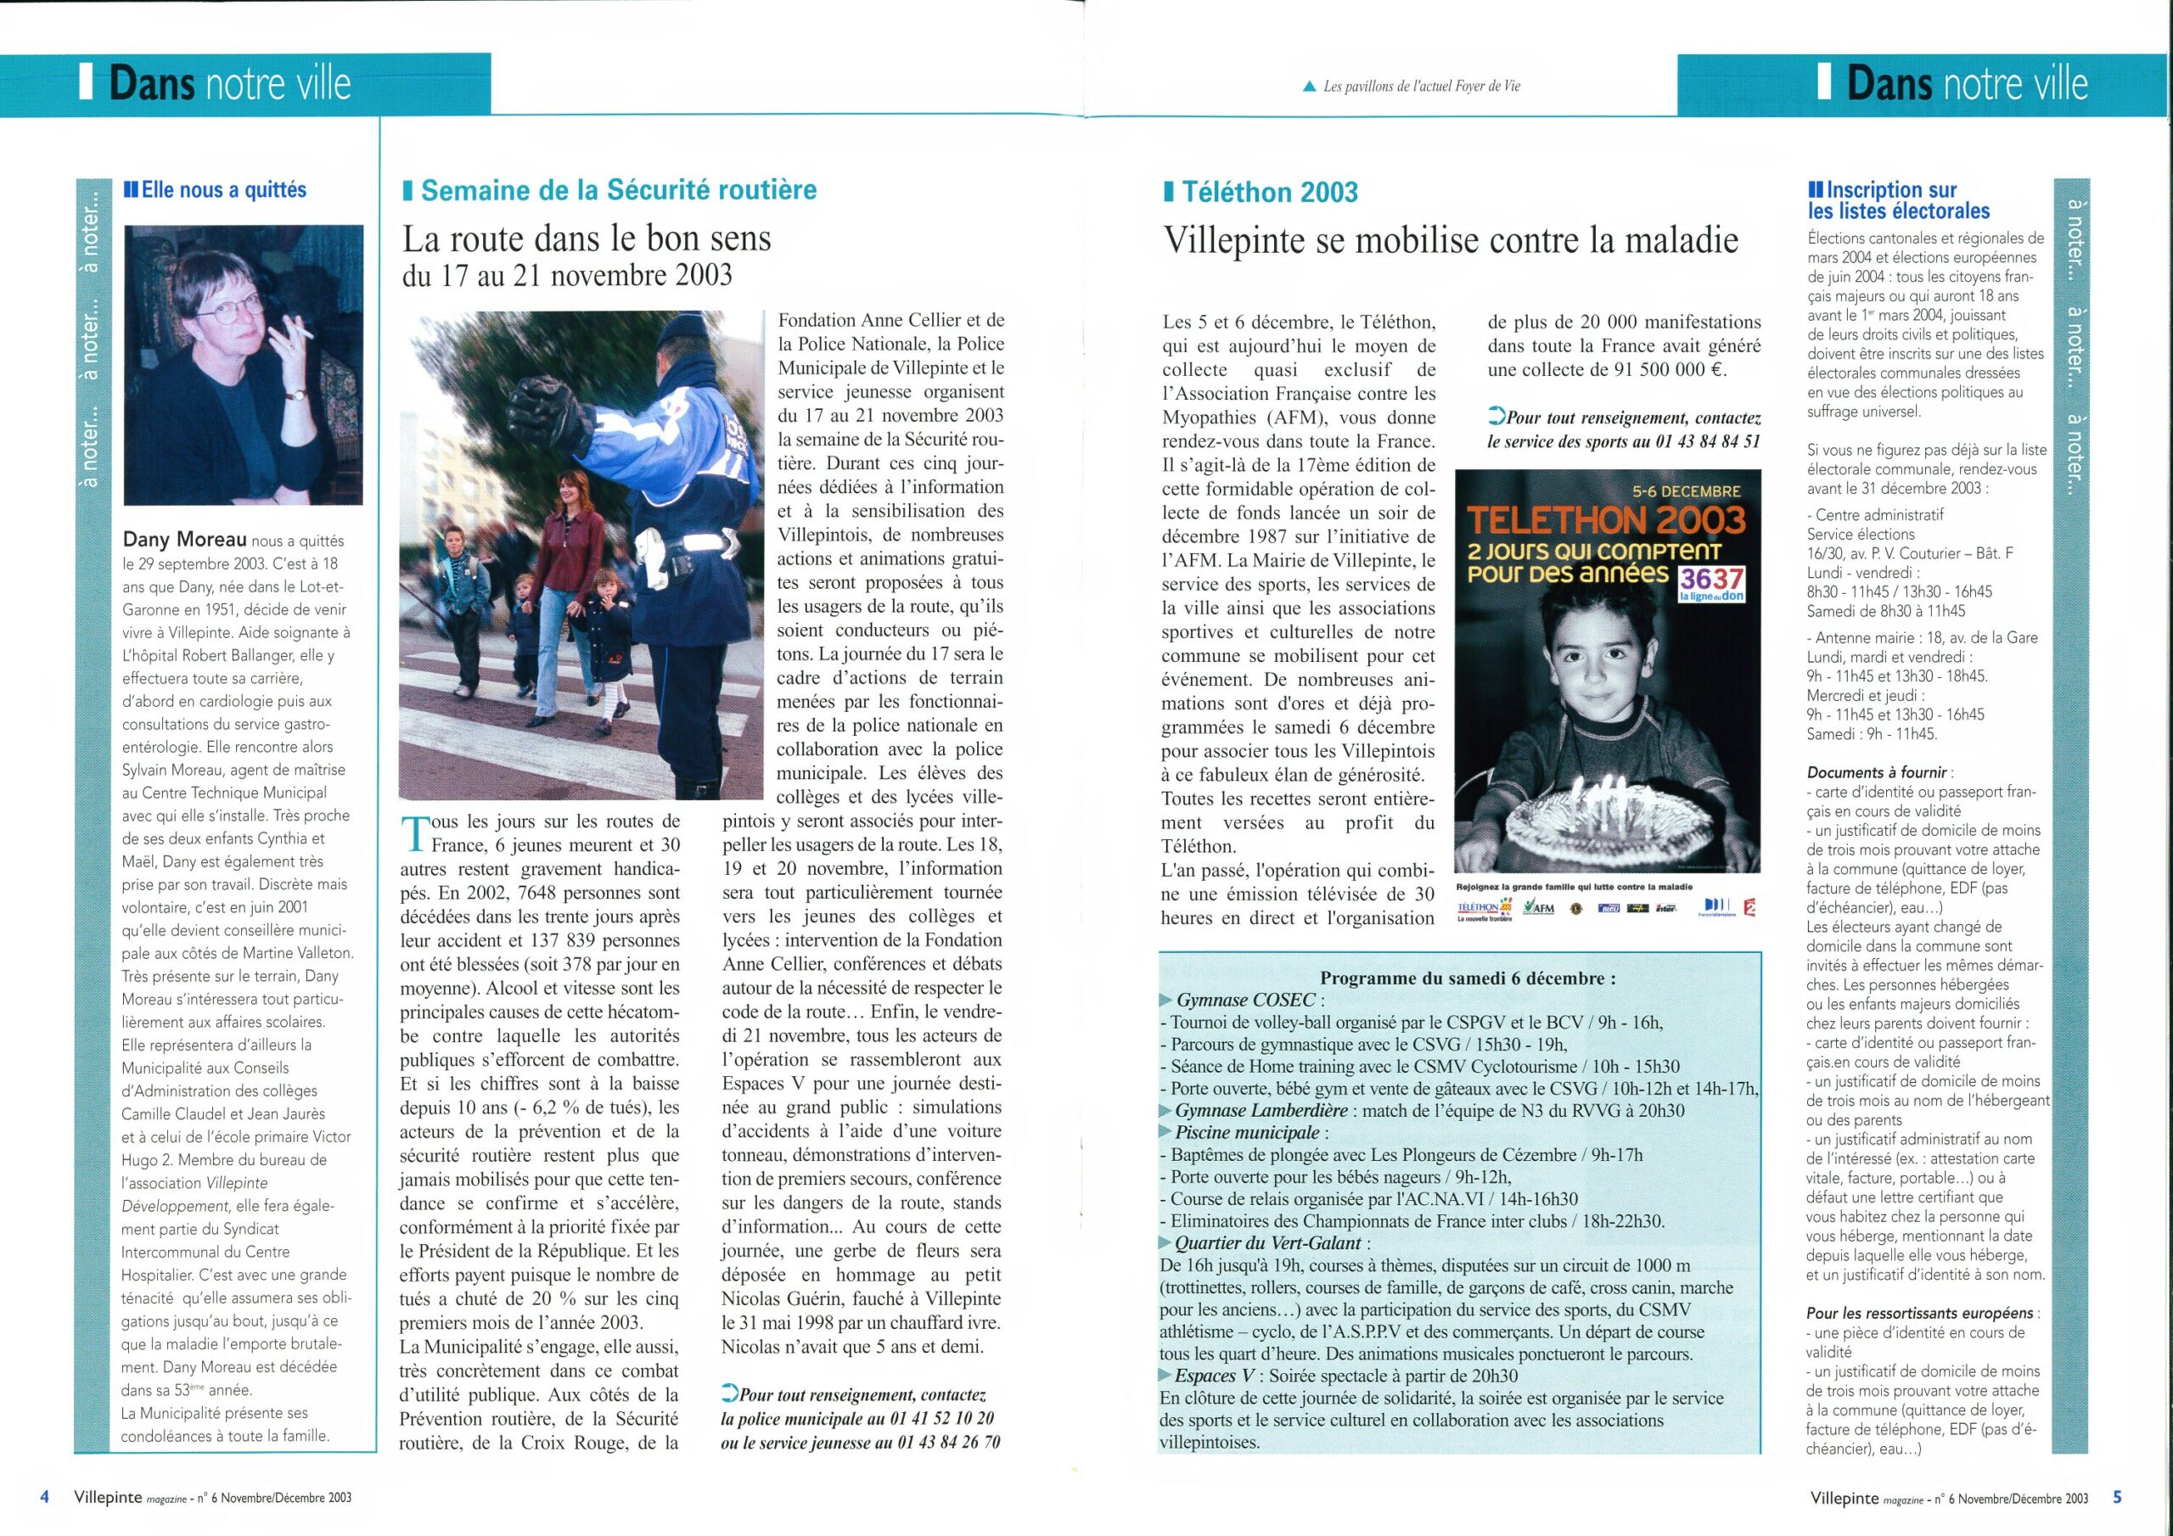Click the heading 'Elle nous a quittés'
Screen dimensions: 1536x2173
tap(223, 190)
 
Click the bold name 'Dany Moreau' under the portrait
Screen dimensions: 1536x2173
tap(183, 540)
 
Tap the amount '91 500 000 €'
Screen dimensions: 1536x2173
tap(1670, 370)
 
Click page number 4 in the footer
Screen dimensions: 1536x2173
tap(44, 1497)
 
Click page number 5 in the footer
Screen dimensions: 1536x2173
tap(2117, 1497)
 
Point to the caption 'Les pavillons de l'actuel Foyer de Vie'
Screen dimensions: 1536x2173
tap(1422, 86)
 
